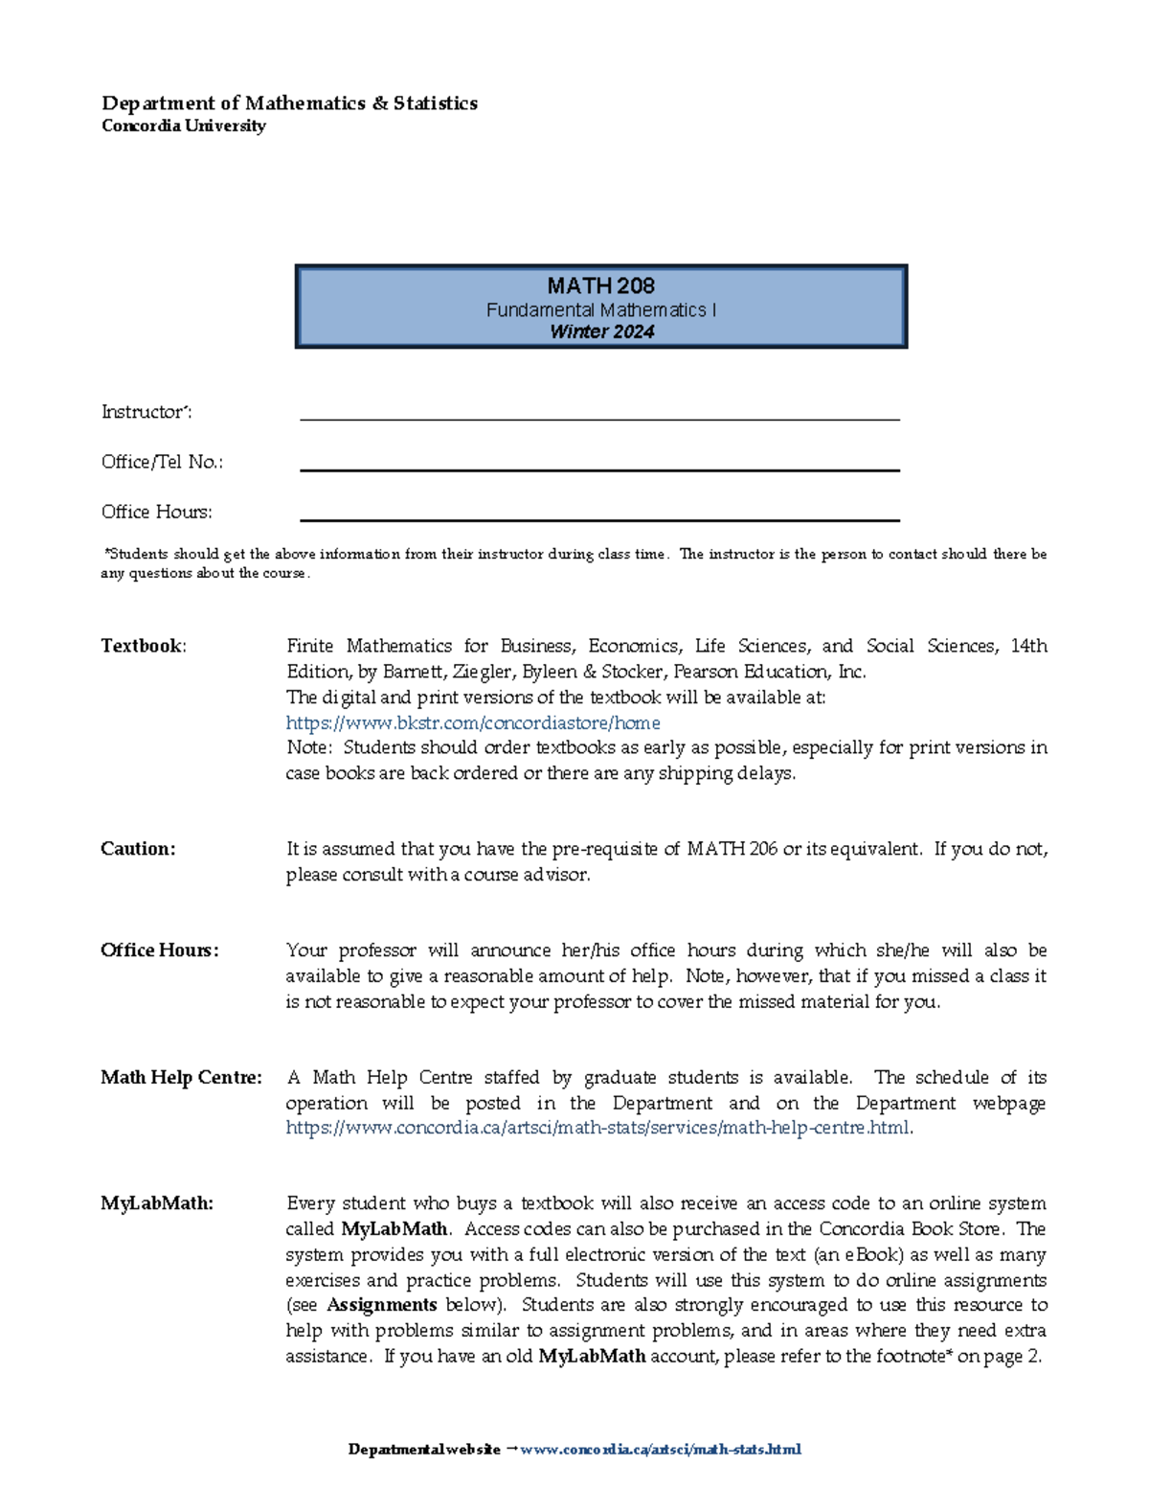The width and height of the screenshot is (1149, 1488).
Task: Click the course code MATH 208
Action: (600, 286)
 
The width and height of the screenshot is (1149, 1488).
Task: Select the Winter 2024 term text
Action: (601, 332)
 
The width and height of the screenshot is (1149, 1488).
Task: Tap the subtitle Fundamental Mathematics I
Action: (600, 309)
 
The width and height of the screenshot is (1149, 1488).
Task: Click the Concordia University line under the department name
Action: (183, 126)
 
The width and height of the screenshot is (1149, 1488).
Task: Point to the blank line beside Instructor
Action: (599, 418)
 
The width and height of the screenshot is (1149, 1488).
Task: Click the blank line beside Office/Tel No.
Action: (599, 469)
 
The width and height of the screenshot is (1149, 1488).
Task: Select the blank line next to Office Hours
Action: (599, 518)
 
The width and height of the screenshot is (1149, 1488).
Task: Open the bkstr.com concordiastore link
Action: (473, 722)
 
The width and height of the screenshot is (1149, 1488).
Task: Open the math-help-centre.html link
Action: (597, 1128)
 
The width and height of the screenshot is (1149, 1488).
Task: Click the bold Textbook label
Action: (142, 646)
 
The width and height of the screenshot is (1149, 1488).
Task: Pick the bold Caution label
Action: (138, 849)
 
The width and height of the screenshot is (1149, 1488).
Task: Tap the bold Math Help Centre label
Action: (181, 1077)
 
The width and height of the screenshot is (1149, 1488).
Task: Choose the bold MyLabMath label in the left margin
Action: (156, 1203)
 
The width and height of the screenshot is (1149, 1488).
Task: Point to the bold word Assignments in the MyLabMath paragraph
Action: (381, 1305)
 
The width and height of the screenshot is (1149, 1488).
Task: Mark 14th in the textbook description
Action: (1028, 646)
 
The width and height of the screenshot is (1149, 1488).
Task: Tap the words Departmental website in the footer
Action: (423, 1449)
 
